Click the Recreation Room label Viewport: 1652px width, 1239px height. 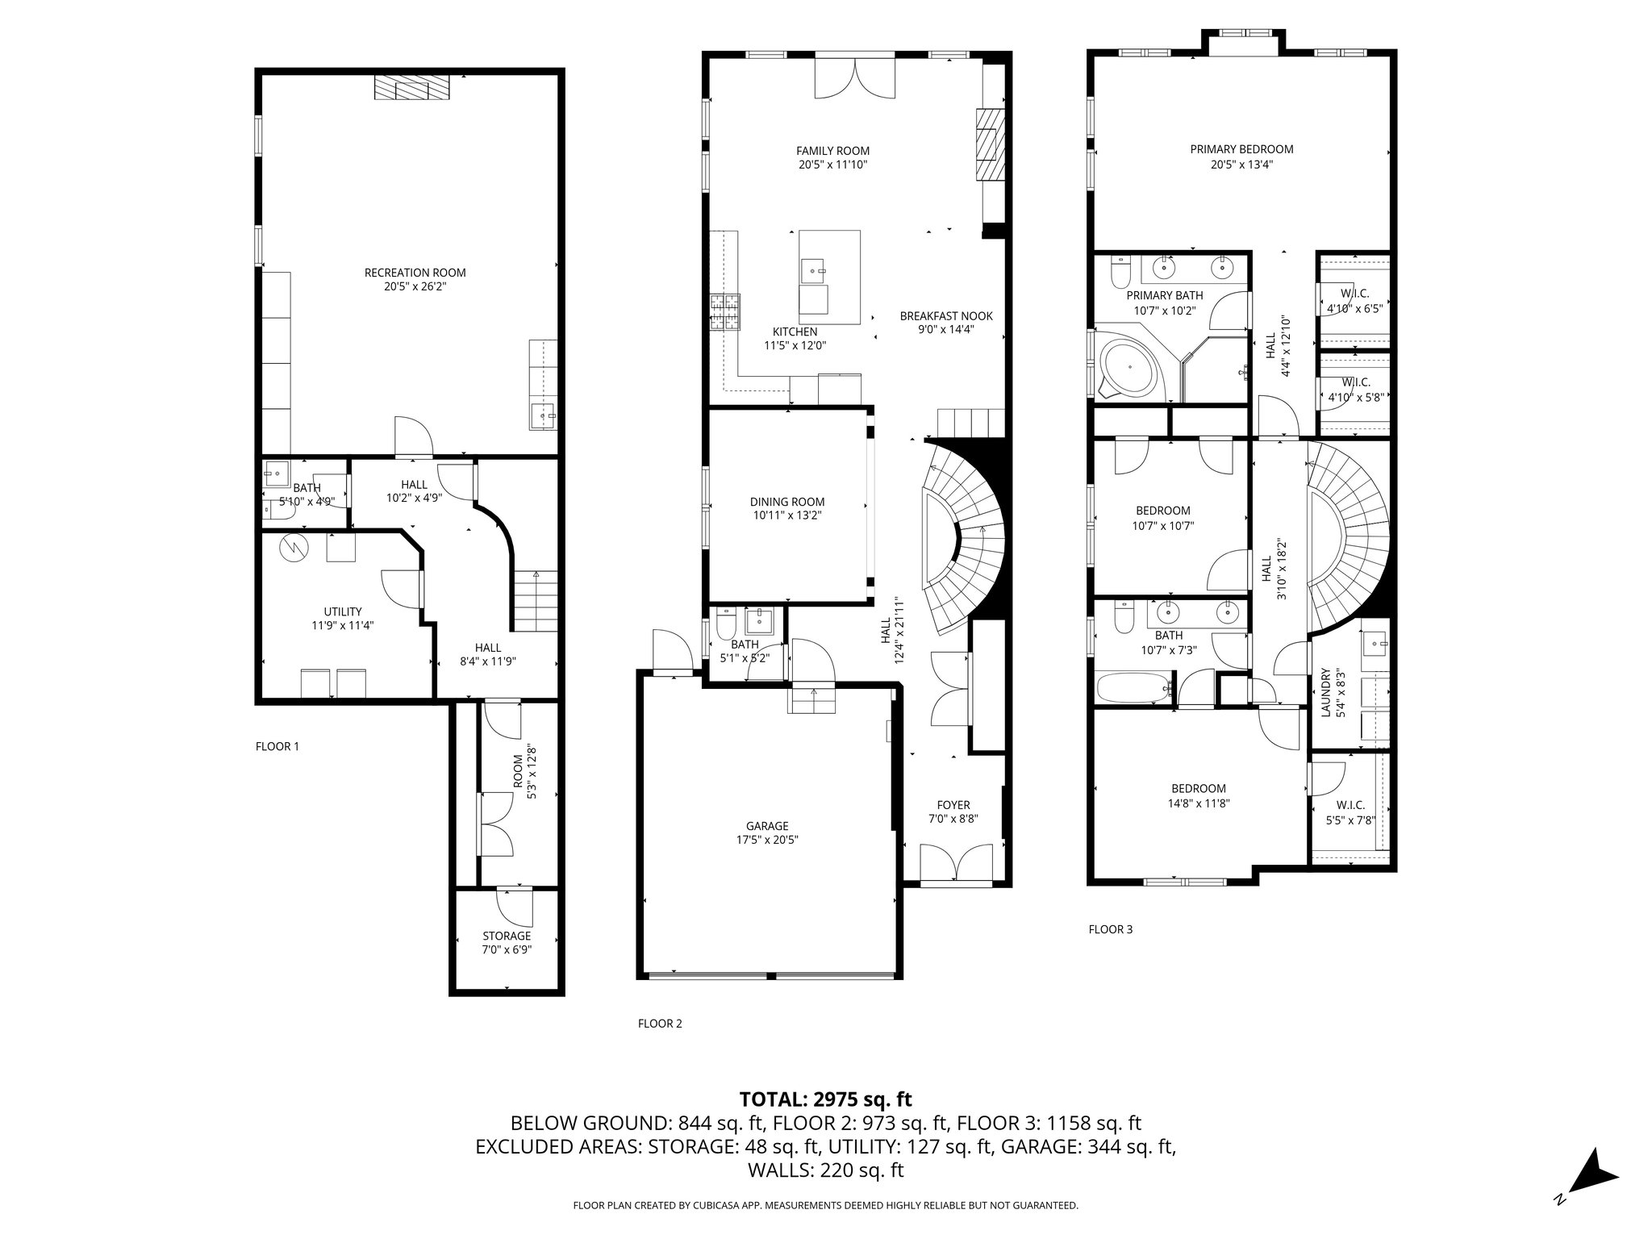[415, 273]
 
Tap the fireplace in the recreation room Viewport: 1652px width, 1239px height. [411, 88]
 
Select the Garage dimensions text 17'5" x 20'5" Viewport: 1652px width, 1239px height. [766, 840]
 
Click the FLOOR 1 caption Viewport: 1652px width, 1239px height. [277, 746]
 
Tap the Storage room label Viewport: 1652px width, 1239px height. [507, 936]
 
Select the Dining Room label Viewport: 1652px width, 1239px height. [787, 502]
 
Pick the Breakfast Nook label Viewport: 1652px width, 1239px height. [946, 316]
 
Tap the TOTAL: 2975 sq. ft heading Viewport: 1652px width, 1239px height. [826, 1099]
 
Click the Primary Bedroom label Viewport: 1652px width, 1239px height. [1241, 149]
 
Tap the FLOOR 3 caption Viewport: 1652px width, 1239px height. [1111, 929]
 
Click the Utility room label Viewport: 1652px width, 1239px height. [343, 611]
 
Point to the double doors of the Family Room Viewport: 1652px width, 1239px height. [855, 78]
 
